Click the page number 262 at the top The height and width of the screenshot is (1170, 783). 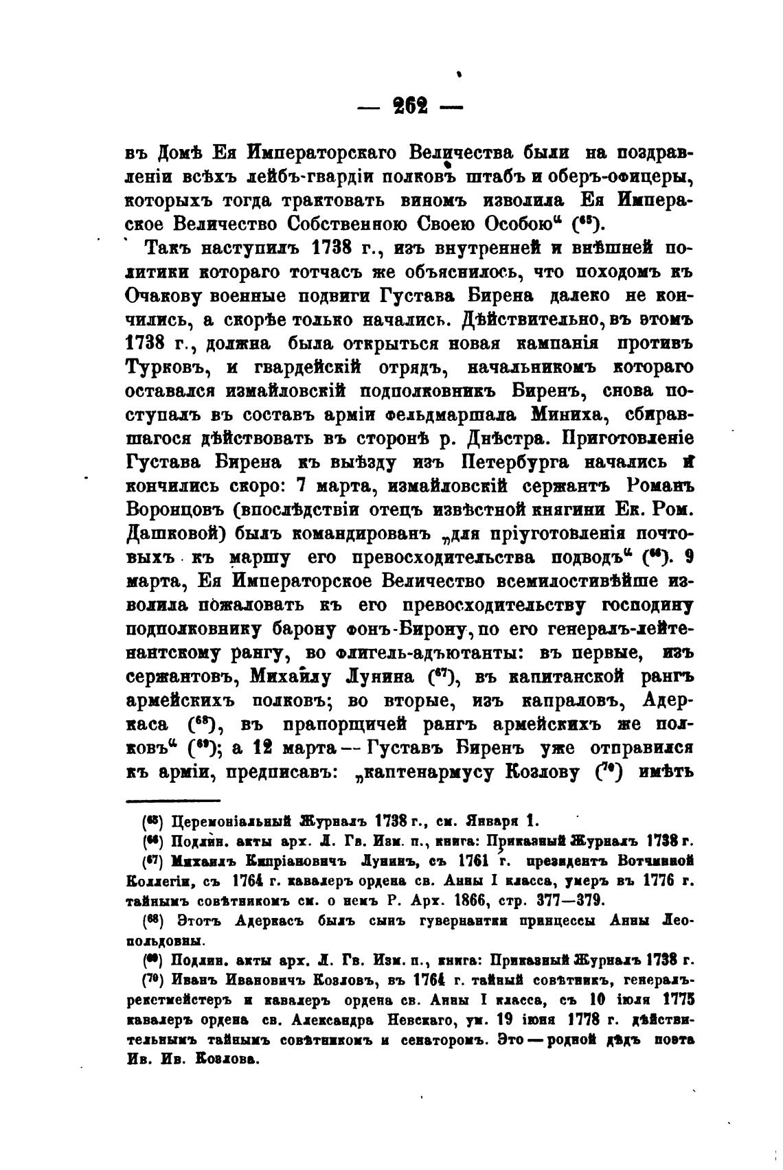pos(409,107)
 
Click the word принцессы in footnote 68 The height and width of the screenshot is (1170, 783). pos(529,919)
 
